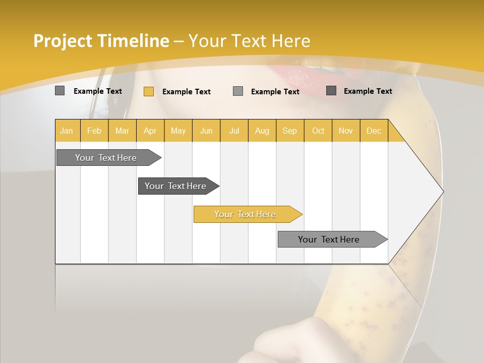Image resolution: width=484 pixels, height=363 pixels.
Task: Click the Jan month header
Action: (x=67, y=131)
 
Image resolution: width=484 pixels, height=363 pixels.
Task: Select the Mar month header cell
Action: (x=122, y=131)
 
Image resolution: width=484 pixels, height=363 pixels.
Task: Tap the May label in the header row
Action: (x=178, y=131)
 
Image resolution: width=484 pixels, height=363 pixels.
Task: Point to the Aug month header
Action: (x=262, y=131)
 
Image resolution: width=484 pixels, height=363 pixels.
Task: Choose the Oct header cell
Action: (x=318, y=131)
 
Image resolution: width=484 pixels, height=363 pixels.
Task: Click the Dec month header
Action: (x=374, y=131)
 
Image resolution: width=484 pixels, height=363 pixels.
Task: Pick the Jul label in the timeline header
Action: (x=234, y=131)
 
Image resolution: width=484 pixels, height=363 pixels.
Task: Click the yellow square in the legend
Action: (x=149, y=91)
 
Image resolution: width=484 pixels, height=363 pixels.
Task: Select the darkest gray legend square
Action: (x=331, y=91)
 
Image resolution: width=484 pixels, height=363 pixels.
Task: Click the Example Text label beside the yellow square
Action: (x=186, y=92)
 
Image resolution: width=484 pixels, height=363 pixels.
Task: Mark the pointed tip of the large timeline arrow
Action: (x=443, y=191)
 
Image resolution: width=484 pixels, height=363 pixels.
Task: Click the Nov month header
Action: (x=346, y=131)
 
